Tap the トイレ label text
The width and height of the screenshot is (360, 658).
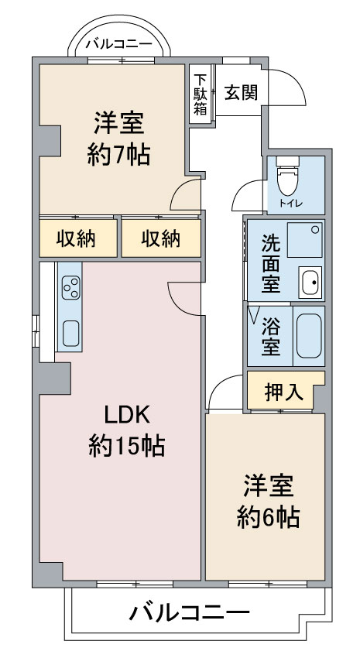click(288, 204)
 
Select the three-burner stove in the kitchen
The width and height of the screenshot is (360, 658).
click(70, 287)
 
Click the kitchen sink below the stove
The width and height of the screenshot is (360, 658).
click(70, 334)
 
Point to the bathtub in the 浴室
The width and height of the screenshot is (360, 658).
click(309, 336)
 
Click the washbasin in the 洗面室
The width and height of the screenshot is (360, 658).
click(310, 282)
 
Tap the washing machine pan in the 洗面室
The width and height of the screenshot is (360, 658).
click(304, 240)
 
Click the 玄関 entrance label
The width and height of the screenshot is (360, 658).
click(241, 92)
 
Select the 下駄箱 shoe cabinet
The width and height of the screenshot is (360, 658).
click(201, 94)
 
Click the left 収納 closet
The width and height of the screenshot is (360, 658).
click(78, 238)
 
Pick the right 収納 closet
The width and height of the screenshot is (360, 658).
click(161, 238)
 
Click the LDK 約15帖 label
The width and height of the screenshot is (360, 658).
click(126, 431)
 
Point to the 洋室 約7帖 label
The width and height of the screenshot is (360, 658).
click(118, 139)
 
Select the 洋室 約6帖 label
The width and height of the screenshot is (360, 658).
click(268, 502)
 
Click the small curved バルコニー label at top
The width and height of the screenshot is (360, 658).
click(119, 43)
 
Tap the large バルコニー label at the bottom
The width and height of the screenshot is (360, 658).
click(189, 614)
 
